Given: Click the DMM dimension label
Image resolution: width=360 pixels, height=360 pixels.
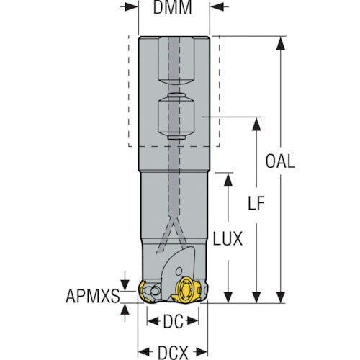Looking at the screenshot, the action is click(172, 6).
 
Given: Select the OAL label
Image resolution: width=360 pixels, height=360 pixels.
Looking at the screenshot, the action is click(280, 161).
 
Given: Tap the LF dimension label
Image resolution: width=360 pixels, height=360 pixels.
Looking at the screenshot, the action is click(256, 203).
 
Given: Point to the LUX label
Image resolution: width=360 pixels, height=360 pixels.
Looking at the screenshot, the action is click(228, 238).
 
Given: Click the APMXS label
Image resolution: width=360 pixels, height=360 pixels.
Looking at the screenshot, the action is click(93, 296).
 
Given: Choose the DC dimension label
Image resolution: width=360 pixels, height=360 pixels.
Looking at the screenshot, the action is click(173, 322).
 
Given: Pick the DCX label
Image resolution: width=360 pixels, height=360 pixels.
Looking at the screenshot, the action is click(173, 353).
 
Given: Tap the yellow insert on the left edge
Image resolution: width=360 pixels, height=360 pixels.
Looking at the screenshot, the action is click(143, 292).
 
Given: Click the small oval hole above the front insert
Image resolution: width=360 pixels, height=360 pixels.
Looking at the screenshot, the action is click(179, 271).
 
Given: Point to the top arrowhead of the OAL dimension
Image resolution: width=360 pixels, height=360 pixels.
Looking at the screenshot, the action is click(280, 43).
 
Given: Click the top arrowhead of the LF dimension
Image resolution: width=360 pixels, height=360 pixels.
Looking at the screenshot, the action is click(256, 124).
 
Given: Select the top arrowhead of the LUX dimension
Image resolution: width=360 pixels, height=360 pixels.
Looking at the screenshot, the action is click(228, 179).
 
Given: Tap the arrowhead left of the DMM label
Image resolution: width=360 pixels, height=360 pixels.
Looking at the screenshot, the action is click(132, 7).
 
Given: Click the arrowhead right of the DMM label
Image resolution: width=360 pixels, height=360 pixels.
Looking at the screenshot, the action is click(217, 7).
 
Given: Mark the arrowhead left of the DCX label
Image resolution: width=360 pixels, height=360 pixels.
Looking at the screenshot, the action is click(145, 352).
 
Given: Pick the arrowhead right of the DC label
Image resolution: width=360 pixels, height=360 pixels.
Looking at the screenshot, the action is click(193, 321).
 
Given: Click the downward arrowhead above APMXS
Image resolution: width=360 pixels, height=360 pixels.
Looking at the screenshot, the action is click(125, 284).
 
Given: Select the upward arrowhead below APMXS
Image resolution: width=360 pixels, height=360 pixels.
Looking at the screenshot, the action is click(125, 310).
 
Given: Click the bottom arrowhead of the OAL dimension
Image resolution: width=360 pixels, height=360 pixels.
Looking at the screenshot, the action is click(280, 297).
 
